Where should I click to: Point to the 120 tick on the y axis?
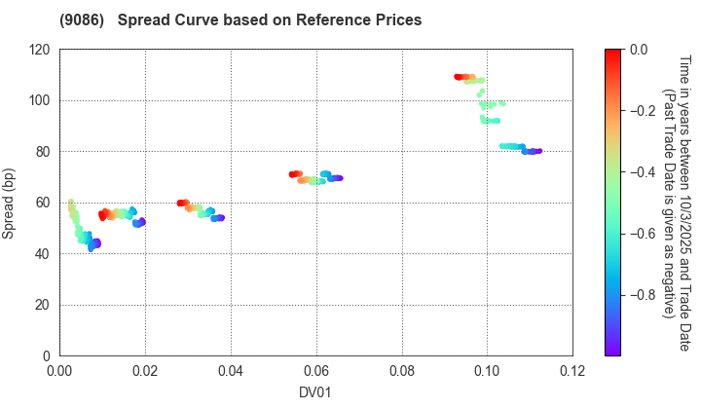tap(40, 49)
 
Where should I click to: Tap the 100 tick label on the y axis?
tap(40, 100)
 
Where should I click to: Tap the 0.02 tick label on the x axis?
tap(145, 371)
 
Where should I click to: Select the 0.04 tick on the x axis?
tap(231, 371)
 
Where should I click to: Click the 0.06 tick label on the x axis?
tap(316, 371)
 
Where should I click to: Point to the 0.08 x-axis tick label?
tap(402, 371)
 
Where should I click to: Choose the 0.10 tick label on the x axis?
tap(488, 371)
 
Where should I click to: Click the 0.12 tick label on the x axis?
tap(572, 371)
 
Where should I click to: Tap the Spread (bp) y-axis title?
tap(14, 203)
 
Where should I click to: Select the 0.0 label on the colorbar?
tap(637, 49)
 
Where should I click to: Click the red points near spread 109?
tap(463, 77)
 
